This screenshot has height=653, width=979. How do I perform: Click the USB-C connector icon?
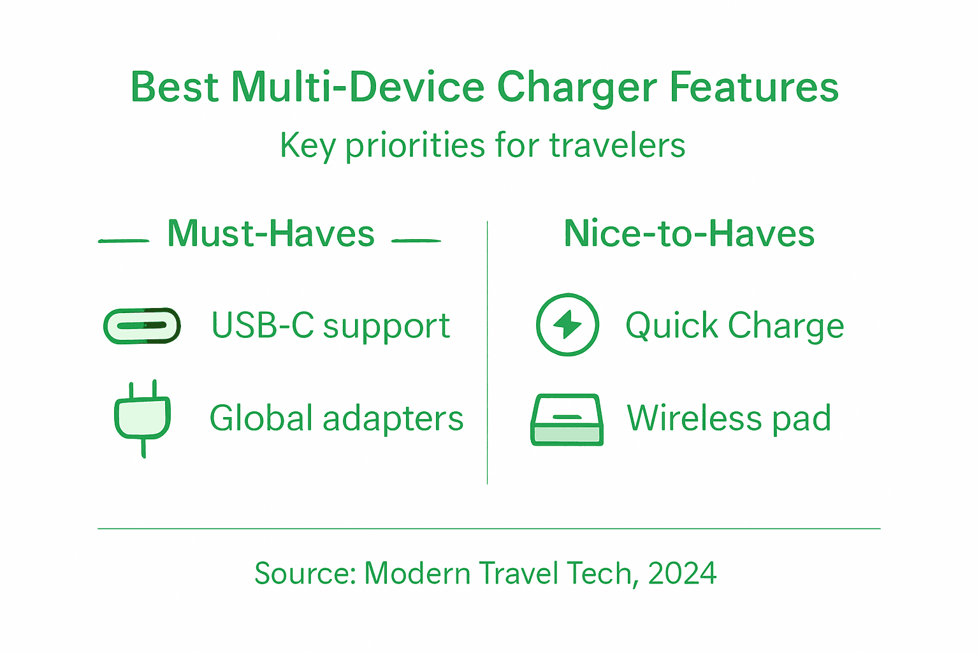click(141, 326)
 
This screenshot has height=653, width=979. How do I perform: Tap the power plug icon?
click(142, 418)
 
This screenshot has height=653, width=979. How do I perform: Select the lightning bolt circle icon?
click(567, 325)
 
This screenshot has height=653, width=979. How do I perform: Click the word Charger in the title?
click(576, 88)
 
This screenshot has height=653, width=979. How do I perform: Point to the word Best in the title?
click(175, 87)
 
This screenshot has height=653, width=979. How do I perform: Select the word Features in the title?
click(753, 87)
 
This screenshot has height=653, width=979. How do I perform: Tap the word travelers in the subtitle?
click(617, 145)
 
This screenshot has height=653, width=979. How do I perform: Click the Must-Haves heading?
click(271, 233)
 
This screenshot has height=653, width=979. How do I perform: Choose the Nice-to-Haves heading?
click(689, 233)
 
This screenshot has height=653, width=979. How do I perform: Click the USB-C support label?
click(330, 326)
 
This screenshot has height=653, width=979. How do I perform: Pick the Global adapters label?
click(336, 418)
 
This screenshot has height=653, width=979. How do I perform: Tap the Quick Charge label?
click(734, 326)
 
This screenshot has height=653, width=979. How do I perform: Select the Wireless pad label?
click(729, 418)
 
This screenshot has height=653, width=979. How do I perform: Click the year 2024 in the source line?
click(682, 573)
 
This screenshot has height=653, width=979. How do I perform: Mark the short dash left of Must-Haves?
click(124, 241)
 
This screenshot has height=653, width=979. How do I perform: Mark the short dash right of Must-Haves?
click(416, 241)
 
